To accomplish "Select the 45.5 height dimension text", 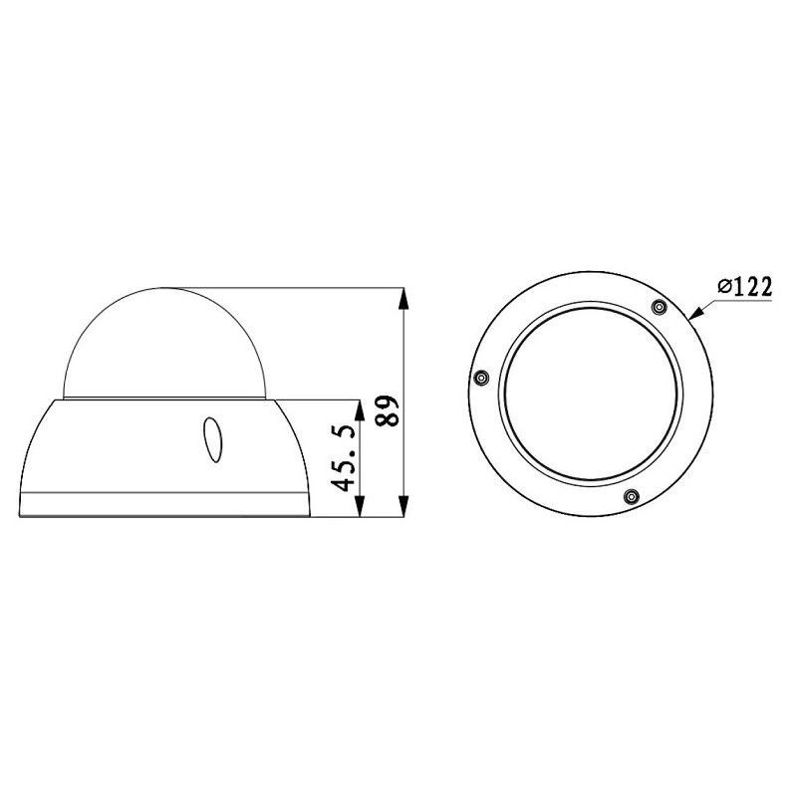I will click(x=345, y=457).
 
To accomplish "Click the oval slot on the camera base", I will click(x=213, y=439).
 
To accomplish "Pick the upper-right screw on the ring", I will click(x=657, y=307).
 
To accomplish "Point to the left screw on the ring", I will click(x=480, y=378).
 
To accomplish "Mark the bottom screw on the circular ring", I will click(x=629, y=495).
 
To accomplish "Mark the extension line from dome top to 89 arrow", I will click(x=299, y=288).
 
